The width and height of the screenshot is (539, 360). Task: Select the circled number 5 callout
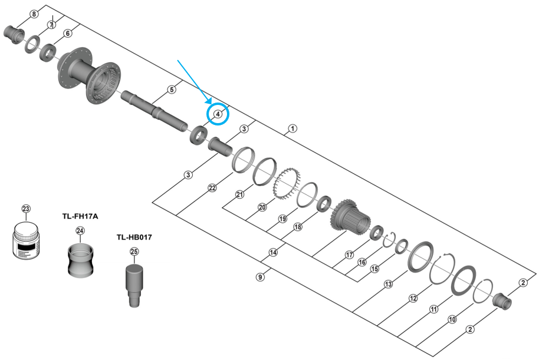coord(172,90)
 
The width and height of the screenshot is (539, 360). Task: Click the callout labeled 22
coord(212,188)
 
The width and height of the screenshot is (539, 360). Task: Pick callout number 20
coord(262,207)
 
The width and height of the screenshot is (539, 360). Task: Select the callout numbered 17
coord(349,255)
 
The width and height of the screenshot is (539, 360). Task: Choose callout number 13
coord(388,284)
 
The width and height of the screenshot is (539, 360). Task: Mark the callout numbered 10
coord(452,320)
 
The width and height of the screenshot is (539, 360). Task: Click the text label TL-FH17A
coord(80,216)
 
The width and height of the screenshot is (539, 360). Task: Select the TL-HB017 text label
coord(135,237)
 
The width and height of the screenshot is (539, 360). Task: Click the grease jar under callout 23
coord(25,240)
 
